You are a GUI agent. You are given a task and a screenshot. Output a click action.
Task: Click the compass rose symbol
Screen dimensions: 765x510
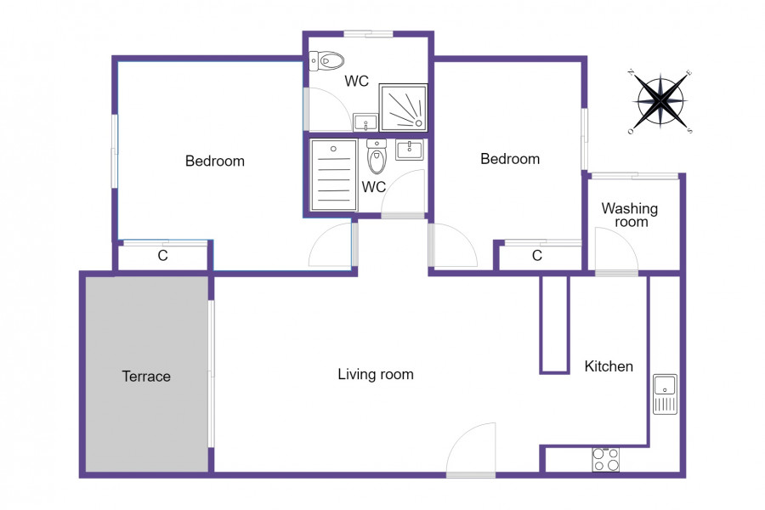click(x=660, y=101)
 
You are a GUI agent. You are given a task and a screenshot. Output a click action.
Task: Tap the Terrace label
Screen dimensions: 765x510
click(x=146, y=377)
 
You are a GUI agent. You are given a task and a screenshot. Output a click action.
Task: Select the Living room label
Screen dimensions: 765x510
click(x=376, y=374)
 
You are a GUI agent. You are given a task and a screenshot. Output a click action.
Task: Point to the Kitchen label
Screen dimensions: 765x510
click(x=609, y=366)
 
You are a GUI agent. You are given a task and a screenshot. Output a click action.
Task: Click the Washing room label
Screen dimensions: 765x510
click(x=630, y=215)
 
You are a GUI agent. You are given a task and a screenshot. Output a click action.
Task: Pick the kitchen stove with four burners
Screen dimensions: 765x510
click(x=606, y=460)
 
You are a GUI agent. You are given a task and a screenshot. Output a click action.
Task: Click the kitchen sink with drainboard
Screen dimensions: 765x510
click(x=665, y=394)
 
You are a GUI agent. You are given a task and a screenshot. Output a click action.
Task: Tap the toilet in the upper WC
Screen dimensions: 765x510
click(x=326, y=61)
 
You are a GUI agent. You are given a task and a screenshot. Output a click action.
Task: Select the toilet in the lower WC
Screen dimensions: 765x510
click(x=377, y=156)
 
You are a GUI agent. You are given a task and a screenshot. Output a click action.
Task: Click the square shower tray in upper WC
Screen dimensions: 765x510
click(x=404, y=108)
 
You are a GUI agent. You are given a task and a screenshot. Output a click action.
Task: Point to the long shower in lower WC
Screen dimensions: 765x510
click(x=334, y=176)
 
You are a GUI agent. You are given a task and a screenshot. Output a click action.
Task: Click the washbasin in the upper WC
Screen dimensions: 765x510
click(x=365, y=122)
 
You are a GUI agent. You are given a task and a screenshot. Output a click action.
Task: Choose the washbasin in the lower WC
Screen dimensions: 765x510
click(x=410, y=150)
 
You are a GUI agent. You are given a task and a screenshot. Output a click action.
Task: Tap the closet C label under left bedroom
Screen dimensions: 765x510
click(x=163, y=255)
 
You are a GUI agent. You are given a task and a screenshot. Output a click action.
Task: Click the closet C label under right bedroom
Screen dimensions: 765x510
click(x=537, y=255)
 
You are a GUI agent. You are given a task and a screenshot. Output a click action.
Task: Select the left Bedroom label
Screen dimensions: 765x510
click(x=215, y=161)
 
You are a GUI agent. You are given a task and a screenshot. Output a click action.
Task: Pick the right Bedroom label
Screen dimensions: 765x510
click(x=510, y=159)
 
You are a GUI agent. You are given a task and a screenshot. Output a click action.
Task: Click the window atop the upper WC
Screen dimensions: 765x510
click(x=368, y=34)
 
